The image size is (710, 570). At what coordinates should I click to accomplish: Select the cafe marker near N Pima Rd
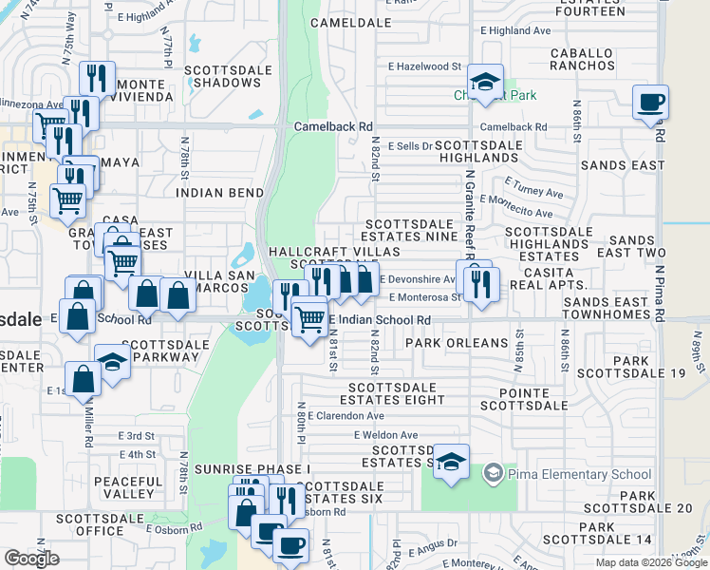point(650,103)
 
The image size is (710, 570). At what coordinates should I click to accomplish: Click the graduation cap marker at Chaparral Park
point(485,84)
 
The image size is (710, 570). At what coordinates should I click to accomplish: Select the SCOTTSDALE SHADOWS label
point(229,76)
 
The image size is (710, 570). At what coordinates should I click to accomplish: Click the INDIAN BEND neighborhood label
point(219,193)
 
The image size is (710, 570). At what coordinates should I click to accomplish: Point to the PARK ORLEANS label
point(457,343)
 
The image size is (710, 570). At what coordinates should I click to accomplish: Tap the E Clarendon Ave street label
point(346,416)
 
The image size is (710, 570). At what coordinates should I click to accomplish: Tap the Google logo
point(32,559)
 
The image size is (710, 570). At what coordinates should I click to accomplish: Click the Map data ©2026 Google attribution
point(649,562)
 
